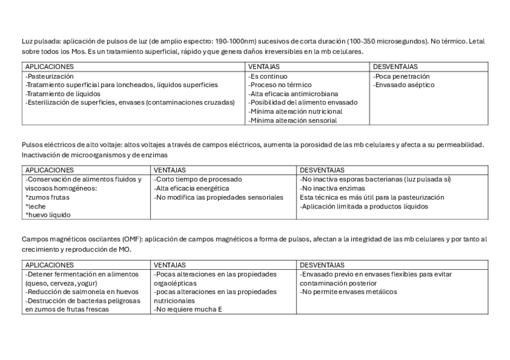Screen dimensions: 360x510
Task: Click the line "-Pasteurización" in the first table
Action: point(50,76)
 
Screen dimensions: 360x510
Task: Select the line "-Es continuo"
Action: point(268,76)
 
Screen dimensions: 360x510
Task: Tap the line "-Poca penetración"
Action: point(401,76)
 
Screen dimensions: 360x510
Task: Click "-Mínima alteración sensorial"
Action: point(292,120)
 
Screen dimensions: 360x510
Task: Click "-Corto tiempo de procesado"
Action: point(198,179)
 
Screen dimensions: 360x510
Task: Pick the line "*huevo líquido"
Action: point(48,215)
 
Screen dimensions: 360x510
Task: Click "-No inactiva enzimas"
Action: point(332,188)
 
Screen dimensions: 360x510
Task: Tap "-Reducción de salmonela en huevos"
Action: point(82,292)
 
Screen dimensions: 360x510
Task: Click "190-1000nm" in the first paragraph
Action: point(238,41)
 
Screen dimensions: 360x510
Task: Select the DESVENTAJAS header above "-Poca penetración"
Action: point(396,67)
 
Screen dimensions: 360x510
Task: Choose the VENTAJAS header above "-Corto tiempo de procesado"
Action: point(170,170)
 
